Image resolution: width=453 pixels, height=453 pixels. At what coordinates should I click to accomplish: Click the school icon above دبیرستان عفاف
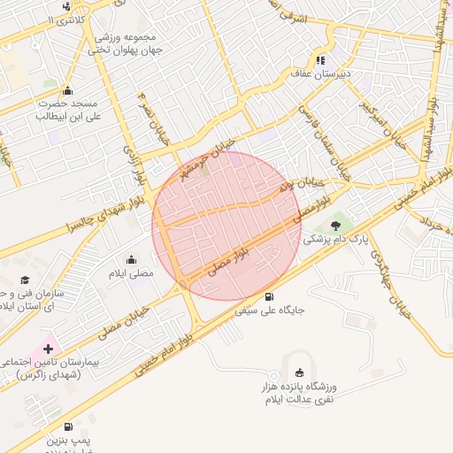pyautogui.click(x=320, y=60)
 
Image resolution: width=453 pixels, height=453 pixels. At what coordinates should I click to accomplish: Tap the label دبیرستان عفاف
pyautogui.click(x=323, y=74)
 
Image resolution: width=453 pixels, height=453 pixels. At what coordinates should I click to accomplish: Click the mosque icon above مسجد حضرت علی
pyautogui.click(x=68, y=90)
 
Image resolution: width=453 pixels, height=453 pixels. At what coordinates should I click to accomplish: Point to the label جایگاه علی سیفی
pyautogui.click(x=270, y=311)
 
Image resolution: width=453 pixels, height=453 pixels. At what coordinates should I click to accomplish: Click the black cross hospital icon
pyautogui.click(x=48, y=349)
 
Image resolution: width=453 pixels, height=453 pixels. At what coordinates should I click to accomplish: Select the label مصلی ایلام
pyautogui.click(x=131, y=273)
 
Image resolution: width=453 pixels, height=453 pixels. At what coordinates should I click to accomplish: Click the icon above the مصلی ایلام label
pyautogui.click(x=132, y=259)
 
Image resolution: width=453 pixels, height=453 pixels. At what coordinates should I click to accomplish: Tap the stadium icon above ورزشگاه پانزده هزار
pyautogui.click(x=300, y=372)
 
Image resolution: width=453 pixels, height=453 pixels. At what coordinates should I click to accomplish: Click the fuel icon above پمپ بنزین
pyautogui.click(x=68, y=426)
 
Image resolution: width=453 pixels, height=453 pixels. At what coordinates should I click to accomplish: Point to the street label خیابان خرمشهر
pyautogui.click(x=206, y=156)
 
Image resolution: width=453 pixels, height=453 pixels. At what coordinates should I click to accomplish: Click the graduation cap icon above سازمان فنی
pyautogui.click(x=25, y=280)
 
